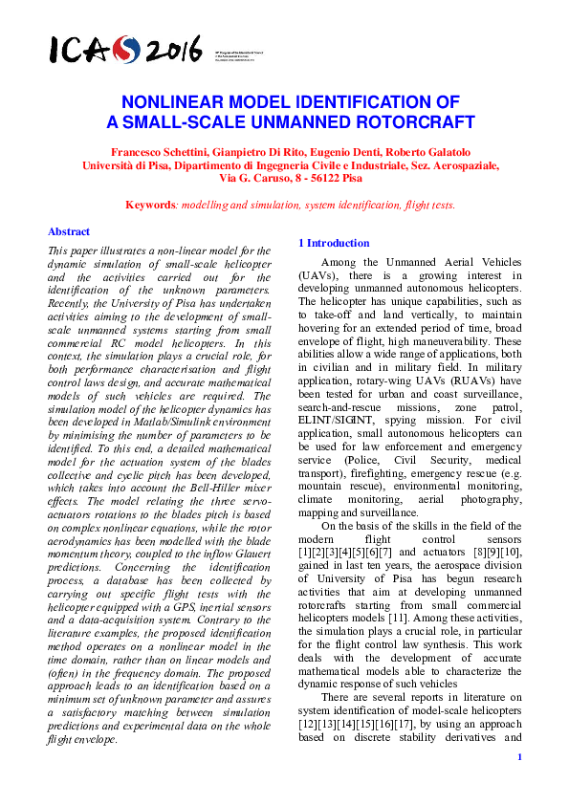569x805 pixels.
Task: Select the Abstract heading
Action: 69,231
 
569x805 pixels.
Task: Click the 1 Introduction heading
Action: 334,243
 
